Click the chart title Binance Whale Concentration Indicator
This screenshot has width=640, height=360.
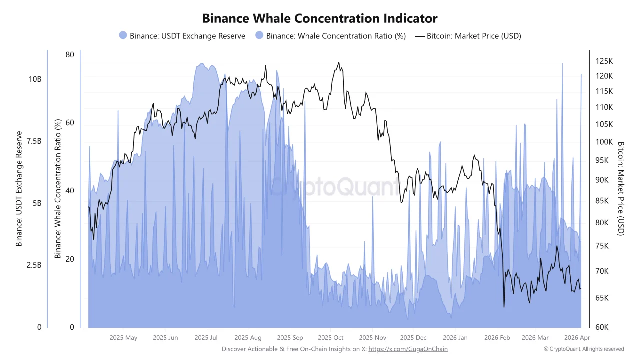click(x=320, y=18)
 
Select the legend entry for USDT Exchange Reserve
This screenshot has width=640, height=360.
click(x=182, y=36)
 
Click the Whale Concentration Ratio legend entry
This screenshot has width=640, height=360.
click(x=330, y=36)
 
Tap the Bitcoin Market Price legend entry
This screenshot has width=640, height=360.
click(x=468, y=36)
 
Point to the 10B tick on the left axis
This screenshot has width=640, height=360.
click(x=34, y=79)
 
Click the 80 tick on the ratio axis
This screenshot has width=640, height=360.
click(x=70, y=55)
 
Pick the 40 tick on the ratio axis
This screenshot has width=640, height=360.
click(x=70, y=191)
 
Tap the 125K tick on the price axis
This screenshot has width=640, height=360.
click(x=604, y=61)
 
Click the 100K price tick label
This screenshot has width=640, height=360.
click(x=604, y=142)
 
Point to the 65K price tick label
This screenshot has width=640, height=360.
click(x=604, y=298)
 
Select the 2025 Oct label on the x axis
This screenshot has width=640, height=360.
click(x=331, y=338)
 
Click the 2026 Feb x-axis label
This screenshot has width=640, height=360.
click(x=497, y=338)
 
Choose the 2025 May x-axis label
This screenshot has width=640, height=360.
click(x=123, y=338)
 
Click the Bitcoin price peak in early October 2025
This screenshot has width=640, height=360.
click(x=339, y=63)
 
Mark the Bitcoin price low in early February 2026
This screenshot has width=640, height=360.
click(x=504, y=307)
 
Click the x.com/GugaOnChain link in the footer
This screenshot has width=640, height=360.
click(x=408, y=349)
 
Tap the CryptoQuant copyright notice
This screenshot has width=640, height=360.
click(x=584, y=349)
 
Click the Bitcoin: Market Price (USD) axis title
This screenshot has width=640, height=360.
click(x=621, y=188)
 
